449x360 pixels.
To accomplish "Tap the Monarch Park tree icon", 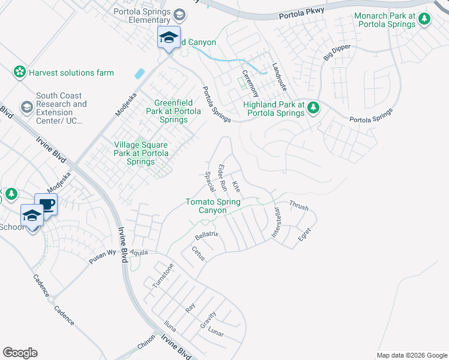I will [424, 19].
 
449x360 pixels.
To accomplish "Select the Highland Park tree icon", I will [312, 108].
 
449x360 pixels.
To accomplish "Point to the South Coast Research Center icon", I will [26, 107].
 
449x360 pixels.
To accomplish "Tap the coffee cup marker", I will [46, 204].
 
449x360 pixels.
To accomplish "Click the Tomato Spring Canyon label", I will [214, 206].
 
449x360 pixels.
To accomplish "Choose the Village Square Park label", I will [141, 153].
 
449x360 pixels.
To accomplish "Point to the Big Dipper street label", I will [336, 52].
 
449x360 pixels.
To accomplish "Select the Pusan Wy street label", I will [103, 254].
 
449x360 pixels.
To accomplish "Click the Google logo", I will [20, 353].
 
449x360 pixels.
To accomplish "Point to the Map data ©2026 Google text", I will [411, 355].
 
